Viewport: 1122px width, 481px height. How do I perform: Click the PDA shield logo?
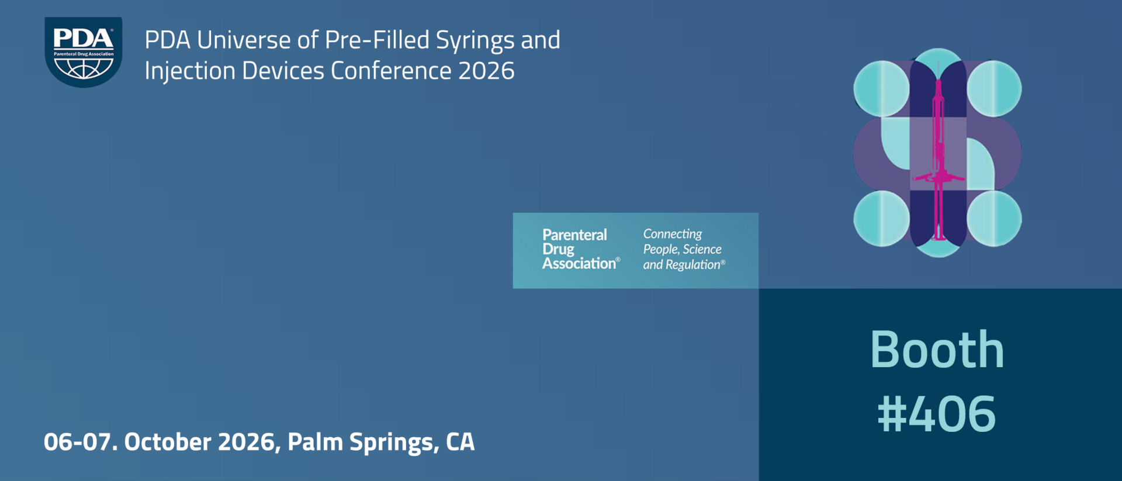click(84, 52)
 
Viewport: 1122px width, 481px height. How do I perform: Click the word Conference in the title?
click(391, 71)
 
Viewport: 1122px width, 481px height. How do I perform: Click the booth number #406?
click(937, 414)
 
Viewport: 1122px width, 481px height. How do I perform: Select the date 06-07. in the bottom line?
click(81, 442)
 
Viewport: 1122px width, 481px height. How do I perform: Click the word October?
click(168, 442)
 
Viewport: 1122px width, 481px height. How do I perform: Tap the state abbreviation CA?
click(460, 442)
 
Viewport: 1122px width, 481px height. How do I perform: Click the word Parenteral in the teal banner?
click(574, 235)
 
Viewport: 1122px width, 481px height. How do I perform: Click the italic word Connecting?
click(673, 234)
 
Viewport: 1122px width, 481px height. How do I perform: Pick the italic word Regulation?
click(694, 265)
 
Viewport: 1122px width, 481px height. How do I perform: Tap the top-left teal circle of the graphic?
click(881, 89)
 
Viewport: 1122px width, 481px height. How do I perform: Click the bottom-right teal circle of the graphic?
click(994, 219)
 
